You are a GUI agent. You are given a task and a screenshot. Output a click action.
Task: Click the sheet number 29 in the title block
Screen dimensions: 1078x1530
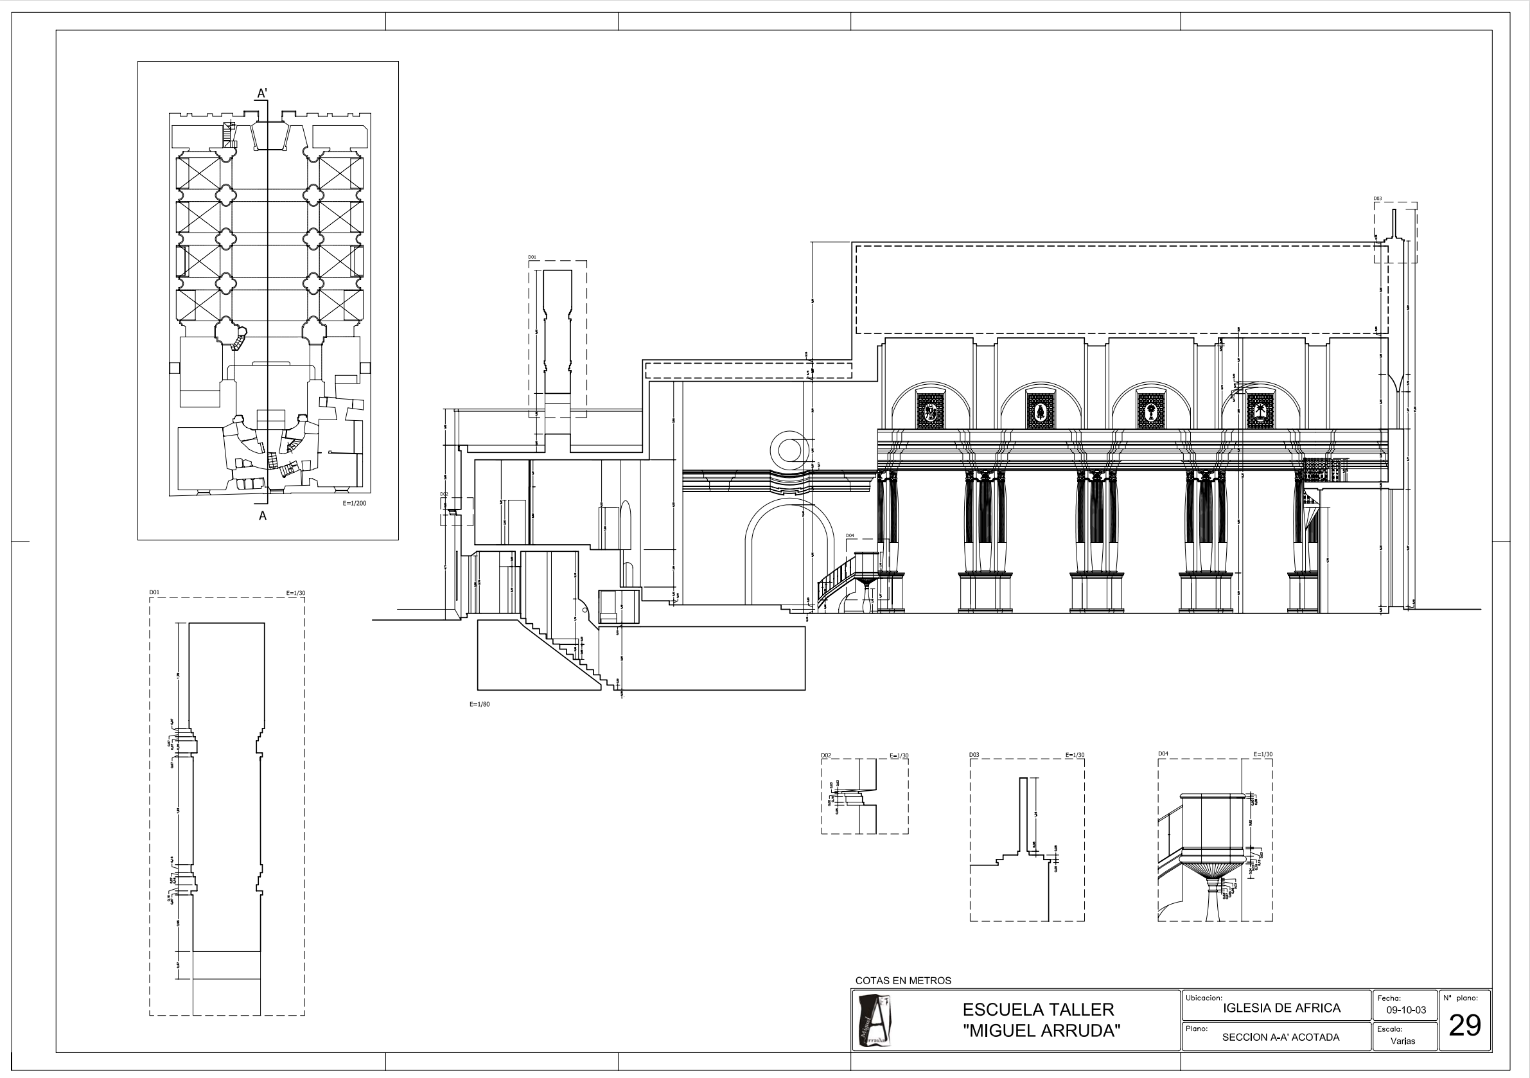(x=1464, y=1025)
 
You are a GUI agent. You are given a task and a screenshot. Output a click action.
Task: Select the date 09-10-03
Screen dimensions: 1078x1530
(x=1406, y=1010)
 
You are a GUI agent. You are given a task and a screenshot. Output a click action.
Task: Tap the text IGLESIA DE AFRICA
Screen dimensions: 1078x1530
(x=1281, y=1008)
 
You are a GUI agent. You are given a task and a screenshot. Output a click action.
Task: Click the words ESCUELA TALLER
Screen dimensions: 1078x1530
(x=1038, y=1009)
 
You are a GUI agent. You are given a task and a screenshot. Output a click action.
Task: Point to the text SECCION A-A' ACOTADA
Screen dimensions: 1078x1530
(x=1281, y=1038)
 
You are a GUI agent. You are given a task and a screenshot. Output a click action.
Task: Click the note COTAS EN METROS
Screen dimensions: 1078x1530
(x=903, y=980)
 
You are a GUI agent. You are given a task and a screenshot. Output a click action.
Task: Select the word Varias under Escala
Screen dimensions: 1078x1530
(x=1403, y=1041)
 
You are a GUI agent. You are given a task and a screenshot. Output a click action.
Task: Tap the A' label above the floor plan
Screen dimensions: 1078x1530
(x=263, y=94)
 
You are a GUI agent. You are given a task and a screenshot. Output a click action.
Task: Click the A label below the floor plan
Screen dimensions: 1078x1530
(x=263, y=515)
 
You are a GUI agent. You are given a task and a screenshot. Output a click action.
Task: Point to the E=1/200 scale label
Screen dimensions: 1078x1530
(x=354, y=503)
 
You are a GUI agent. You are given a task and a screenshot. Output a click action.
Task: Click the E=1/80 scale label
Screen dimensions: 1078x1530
(x=479, y=704)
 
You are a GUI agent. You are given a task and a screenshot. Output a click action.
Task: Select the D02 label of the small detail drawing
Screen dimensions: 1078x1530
(x=826, y=755)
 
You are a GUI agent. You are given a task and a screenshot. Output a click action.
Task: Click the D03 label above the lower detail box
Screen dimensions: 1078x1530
(x=974, y=755)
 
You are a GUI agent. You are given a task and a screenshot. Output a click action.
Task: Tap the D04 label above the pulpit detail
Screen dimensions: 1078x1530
(x=1163, y=754)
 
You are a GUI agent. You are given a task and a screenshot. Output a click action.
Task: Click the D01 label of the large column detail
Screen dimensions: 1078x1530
(x=154, y=592)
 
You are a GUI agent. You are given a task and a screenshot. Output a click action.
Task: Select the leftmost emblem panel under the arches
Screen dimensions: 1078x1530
(x=930, y=410)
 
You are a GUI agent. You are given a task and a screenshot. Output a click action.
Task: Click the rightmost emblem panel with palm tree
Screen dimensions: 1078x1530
(x=1260, y=410)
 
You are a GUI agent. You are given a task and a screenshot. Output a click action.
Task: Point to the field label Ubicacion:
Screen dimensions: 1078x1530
(x=1204, y=998)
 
